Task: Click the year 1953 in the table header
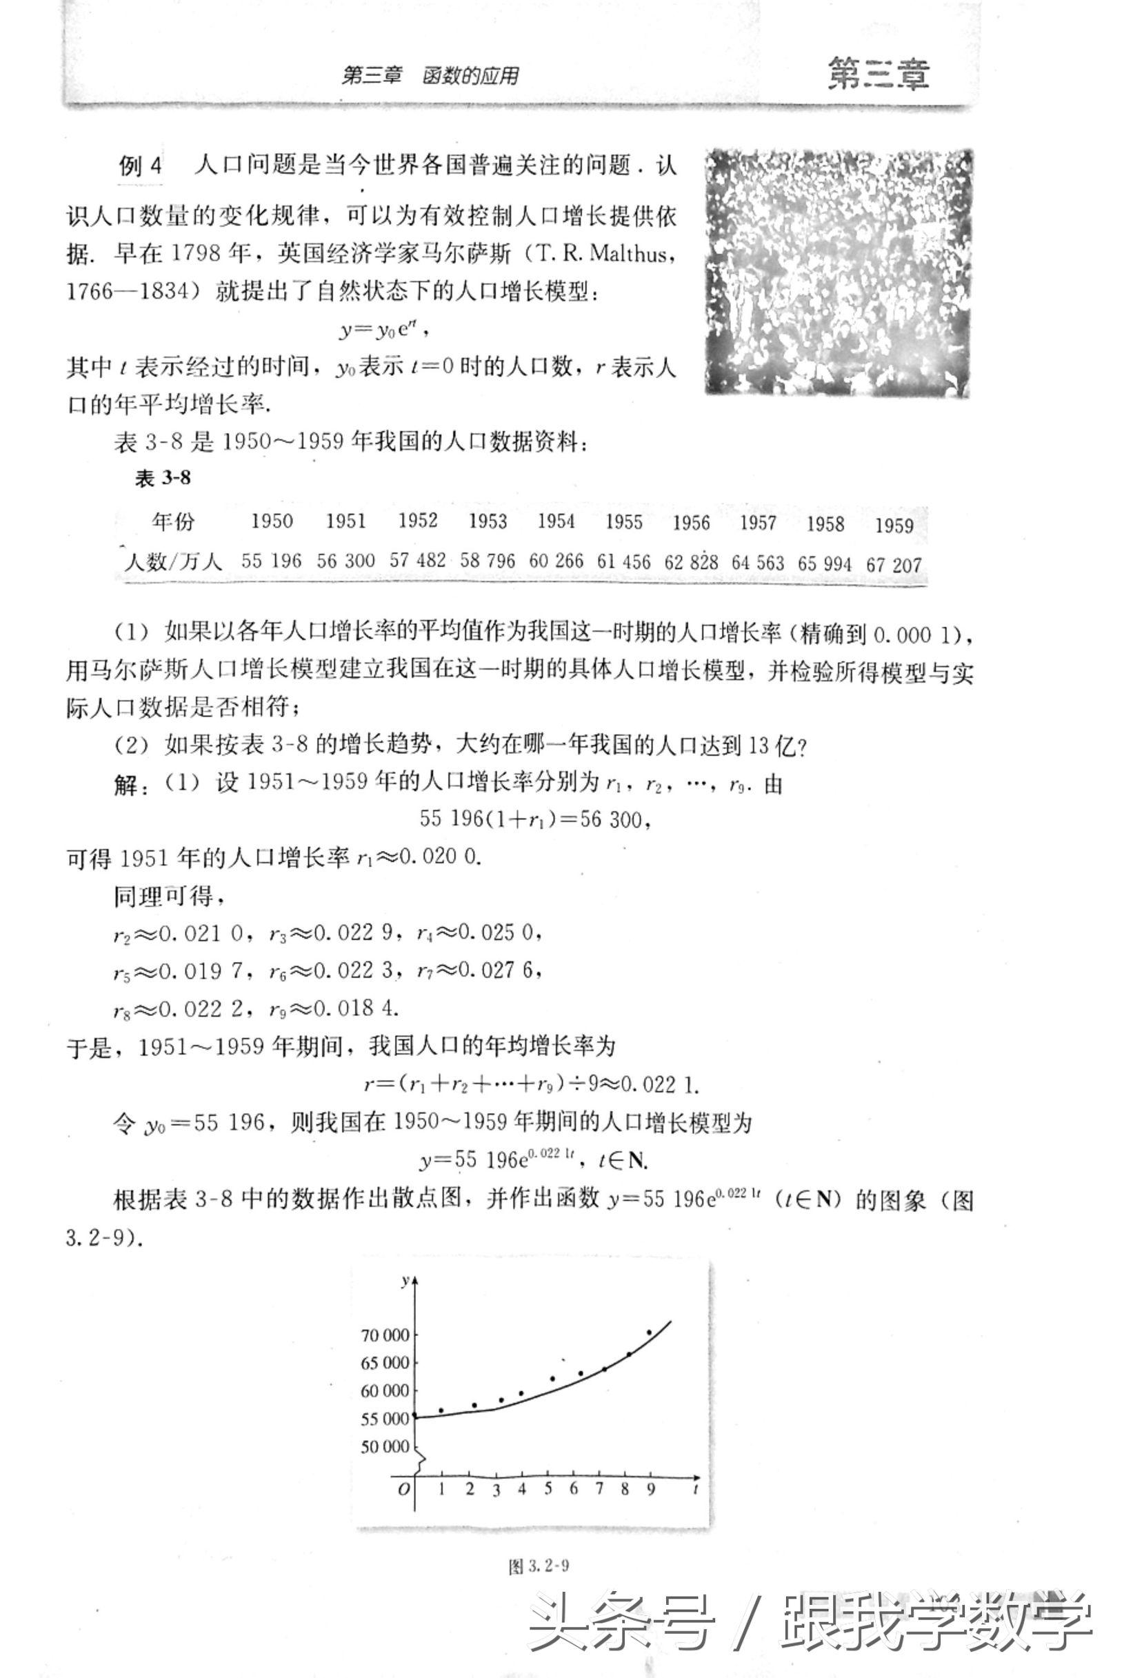pos(488,521)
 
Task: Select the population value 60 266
pos(556,560)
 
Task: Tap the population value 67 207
pos(894,565)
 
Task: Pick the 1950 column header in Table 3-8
pos(272,521)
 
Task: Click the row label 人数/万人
pos(173,560)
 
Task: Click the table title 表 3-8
pos(163,478)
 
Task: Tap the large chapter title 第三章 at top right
pos(878,74)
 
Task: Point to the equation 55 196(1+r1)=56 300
pos(535,819)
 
